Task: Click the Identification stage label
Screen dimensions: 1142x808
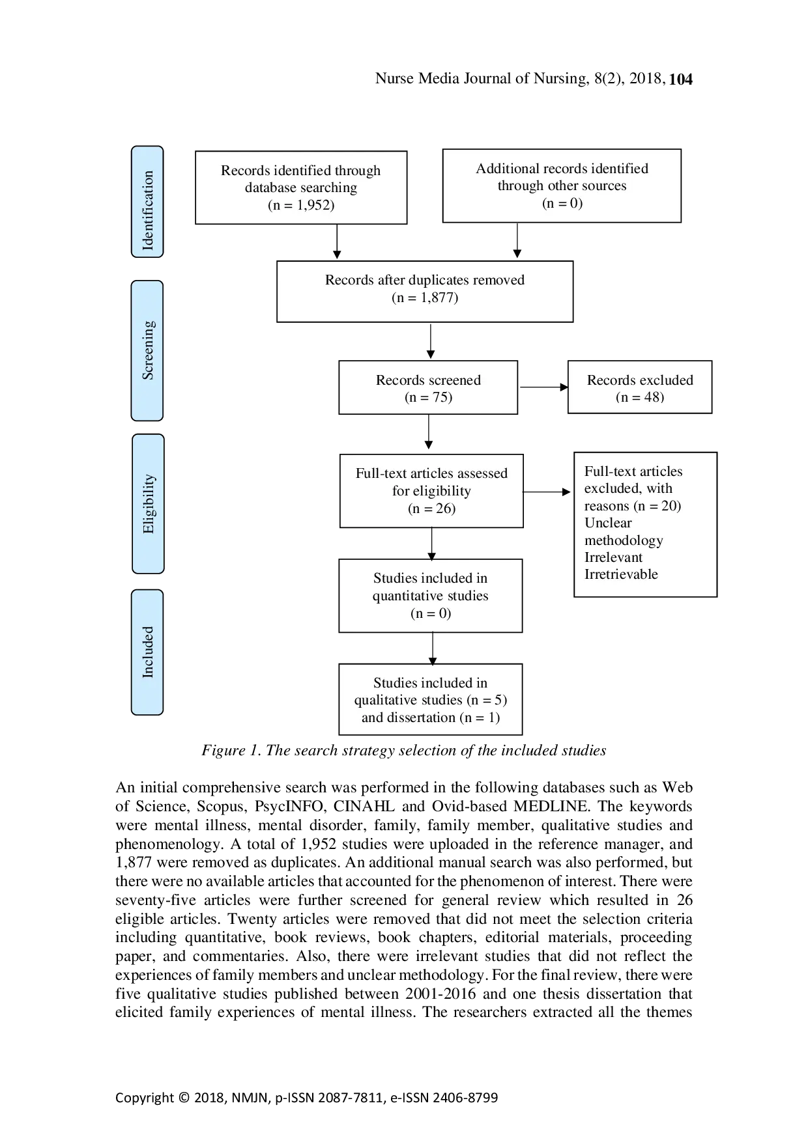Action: [x=148, y=210]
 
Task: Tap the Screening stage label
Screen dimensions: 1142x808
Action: [x=148, y=350]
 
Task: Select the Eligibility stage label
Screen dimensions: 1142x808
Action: [x=149, y=504]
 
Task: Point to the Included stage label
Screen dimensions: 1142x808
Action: [x=148, y=652]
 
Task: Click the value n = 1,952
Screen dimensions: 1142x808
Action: [x=301, y=205]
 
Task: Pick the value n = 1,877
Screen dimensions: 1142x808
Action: [x=425, y=298]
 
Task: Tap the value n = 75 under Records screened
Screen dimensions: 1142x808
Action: [x=428, y=397]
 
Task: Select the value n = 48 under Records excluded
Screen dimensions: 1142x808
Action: [x=640, y=397]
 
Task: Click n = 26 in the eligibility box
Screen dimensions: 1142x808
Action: [x=431, y=508]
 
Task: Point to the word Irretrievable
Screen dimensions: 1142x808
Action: [x=621, y=574]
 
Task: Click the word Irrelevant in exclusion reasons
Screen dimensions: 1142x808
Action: [x=613, y=557]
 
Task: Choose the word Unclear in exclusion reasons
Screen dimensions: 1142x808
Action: [x=608, y=523]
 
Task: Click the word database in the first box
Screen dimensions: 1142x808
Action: [x=269, y=188]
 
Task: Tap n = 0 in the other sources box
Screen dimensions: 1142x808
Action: [x=562, y=203]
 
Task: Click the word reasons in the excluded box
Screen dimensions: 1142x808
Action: [x=607, y=506]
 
